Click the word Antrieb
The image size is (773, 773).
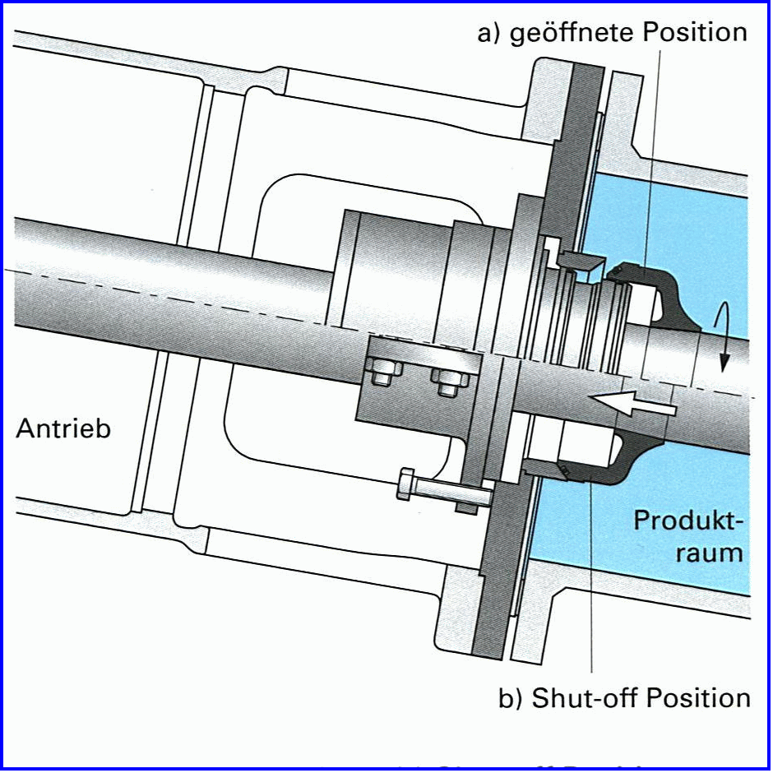(63, 428)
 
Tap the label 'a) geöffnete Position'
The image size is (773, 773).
(613, 33)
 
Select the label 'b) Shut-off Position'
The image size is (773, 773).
(625, 698)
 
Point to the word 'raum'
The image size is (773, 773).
(709, 552)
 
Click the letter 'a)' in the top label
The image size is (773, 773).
(490, 34)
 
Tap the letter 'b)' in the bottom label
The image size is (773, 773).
(512, 698)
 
